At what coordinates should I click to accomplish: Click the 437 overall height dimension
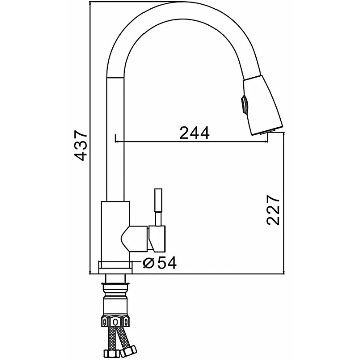click(x=81, y=146)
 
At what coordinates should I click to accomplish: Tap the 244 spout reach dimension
click(x=194, y=133)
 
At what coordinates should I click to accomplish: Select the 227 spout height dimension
click(x=273, y=210)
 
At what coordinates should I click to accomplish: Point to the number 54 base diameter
click(x=167, y=263)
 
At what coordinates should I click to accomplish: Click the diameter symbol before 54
click(x=148, y=263)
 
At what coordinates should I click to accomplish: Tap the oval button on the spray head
click(x=244, y=105)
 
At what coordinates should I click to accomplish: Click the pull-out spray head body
click(x=263, y=105)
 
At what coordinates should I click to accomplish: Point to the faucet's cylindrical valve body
click(x=115, y=231)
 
